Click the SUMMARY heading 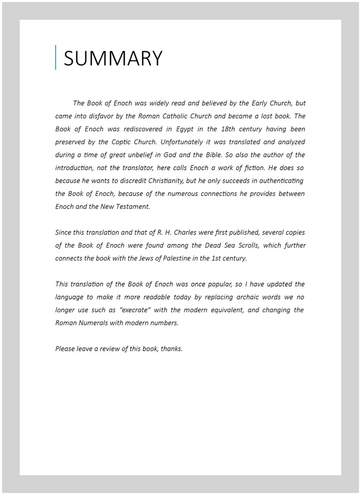coord(113,58)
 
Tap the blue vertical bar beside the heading coord(55,57)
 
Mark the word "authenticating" coord(280,181)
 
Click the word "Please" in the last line coord(65,348)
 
